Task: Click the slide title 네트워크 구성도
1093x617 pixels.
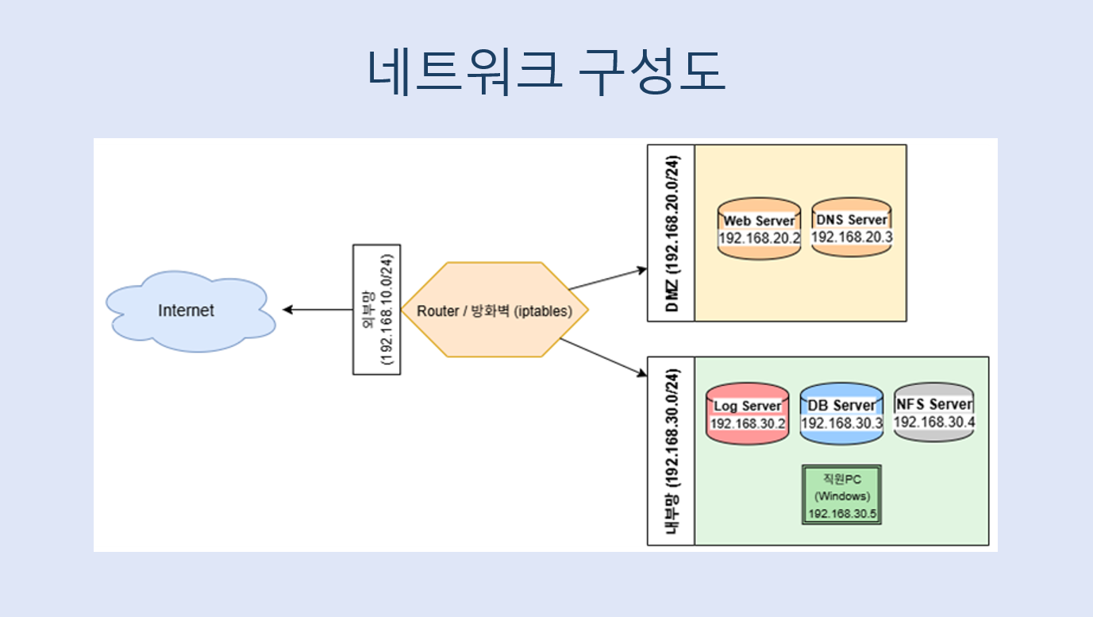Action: (546, 71)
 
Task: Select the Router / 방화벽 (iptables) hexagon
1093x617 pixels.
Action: (495, 310)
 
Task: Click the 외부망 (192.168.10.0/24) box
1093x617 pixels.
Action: (376, 310)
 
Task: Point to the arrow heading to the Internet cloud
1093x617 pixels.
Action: (318, 310)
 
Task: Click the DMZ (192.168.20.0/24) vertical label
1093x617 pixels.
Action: (672, 233)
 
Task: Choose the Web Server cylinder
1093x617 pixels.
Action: (759, 229)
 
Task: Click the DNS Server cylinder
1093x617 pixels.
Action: (852, 227)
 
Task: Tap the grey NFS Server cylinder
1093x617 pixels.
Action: (933, 412)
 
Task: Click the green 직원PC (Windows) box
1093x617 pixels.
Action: (842, 495)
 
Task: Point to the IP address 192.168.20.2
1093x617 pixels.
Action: (759, 238)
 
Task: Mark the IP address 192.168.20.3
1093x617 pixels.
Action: (852, 237)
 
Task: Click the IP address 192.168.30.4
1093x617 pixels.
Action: (934, 422)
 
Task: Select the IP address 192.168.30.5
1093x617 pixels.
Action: (842, 514)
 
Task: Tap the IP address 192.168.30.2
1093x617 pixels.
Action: (748, 423)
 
